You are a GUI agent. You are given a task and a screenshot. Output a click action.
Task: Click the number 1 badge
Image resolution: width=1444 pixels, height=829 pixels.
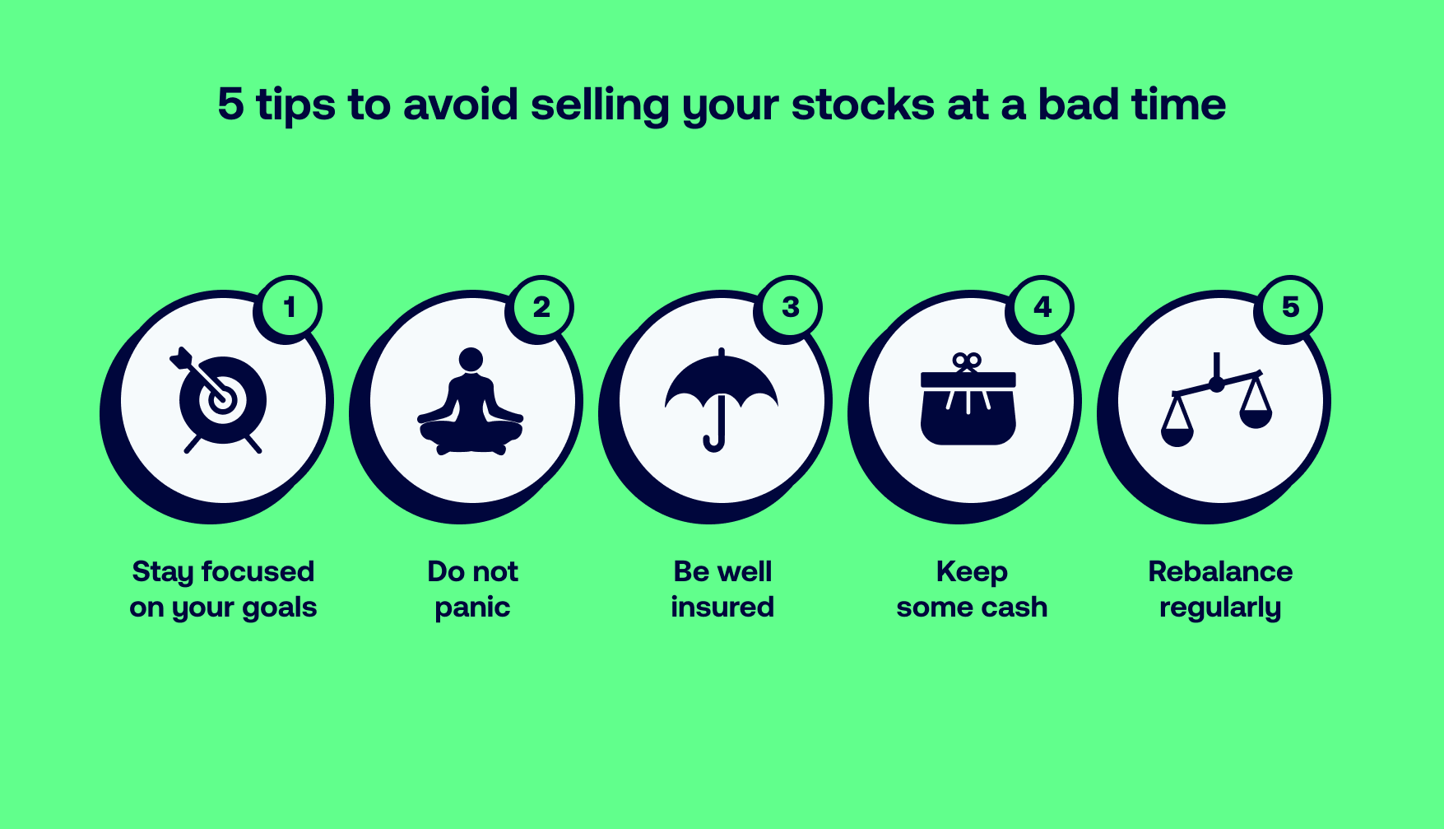[290, 307]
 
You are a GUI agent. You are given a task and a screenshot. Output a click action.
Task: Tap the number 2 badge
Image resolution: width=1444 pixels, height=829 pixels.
[541, 307]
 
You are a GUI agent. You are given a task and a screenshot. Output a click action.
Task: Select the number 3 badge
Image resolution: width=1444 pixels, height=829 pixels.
[790, 307]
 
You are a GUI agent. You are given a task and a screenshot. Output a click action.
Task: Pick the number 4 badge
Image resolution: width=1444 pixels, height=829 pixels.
[1042, 307]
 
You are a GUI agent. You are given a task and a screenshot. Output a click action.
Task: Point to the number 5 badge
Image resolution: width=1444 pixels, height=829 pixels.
[1290, 307]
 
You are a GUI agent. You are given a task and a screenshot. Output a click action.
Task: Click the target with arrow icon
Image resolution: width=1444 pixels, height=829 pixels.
[218, 400]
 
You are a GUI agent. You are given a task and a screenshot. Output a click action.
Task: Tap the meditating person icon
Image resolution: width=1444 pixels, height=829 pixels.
[471, 401]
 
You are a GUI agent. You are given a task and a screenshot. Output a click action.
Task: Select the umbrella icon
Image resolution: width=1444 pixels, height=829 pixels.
[721, 399]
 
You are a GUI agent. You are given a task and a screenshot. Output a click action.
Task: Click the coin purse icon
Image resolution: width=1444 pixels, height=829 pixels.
[968, 399]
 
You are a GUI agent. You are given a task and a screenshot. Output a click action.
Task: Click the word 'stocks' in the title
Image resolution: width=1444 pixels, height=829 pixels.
[863, 105]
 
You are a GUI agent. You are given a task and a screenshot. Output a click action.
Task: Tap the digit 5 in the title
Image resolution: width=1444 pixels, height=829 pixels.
[231, 105]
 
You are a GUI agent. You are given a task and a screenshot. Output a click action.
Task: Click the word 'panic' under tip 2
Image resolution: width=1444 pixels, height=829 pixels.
[472, 608]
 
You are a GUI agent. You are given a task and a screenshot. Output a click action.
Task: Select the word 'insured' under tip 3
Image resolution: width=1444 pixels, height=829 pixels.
[722, 607]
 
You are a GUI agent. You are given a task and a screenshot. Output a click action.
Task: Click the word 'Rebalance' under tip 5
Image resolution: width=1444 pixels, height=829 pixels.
[1220, 571]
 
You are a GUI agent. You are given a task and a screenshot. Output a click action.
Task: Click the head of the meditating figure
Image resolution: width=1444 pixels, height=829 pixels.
[471, 360]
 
